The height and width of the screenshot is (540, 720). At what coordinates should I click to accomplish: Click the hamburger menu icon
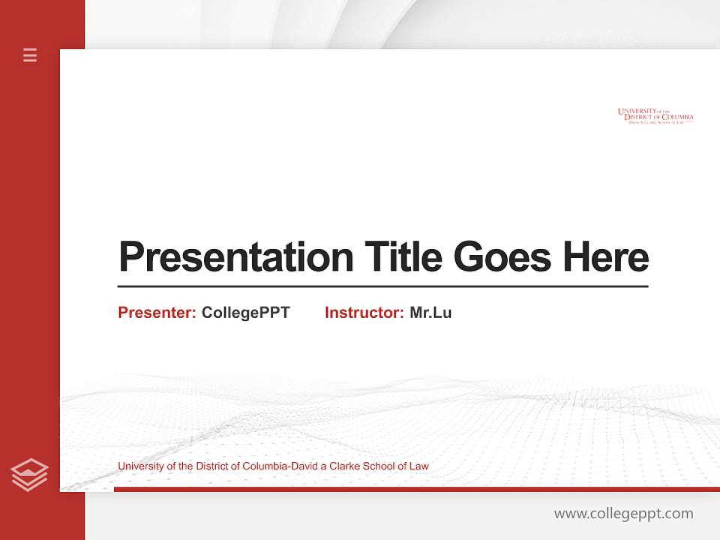[30, 55]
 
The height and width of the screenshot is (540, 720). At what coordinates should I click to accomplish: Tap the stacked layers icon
[29, 475]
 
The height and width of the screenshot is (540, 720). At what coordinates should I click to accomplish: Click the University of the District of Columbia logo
[655, 115]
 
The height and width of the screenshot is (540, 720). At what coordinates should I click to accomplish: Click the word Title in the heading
[403, 257]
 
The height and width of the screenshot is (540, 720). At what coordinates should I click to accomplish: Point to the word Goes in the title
[502, 257]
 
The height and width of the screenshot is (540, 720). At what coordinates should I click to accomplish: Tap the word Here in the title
[605, 257]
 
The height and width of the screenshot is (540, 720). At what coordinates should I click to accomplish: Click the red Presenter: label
[157, 313]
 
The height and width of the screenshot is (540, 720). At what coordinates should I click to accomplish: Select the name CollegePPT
[245, 313]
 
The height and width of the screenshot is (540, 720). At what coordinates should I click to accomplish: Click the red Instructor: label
[364, 313]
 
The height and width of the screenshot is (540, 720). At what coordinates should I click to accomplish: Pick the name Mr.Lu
[430, 313]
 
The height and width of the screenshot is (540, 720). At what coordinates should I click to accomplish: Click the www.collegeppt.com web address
[623, 514]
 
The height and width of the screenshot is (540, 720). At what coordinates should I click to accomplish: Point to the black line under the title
[382, 286]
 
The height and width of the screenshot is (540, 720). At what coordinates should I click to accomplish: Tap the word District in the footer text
[214, 466]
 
